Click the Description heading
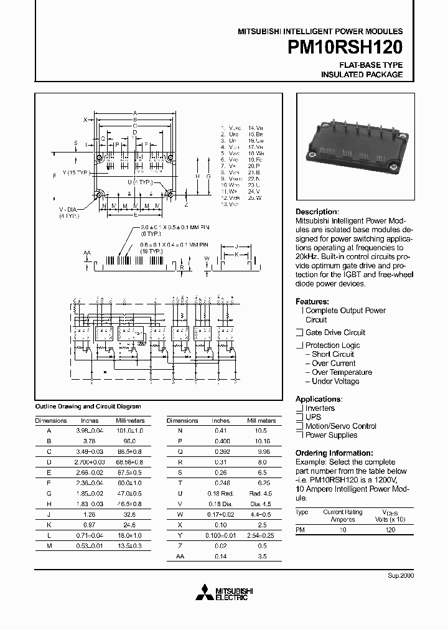pos(316,212)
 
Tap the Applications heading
pos(319,399)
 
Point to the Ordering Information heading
pos(334,453)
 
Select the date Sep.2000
pos(401,575)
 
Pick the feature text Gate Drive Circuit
pos(335,332)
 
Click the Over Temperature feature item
pos(342,372)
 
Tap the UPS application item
pos(313,417)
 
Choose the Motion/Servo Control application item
pos(340,426)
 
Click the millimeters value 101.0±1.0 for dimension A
pos(129,430)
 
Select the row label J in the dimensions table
pos(49,515)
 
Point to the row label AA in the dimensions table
pos(180,556)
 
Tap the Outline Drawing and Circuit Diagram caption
pos(88,406)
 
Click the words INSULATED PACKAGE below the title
pos(362,75)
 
